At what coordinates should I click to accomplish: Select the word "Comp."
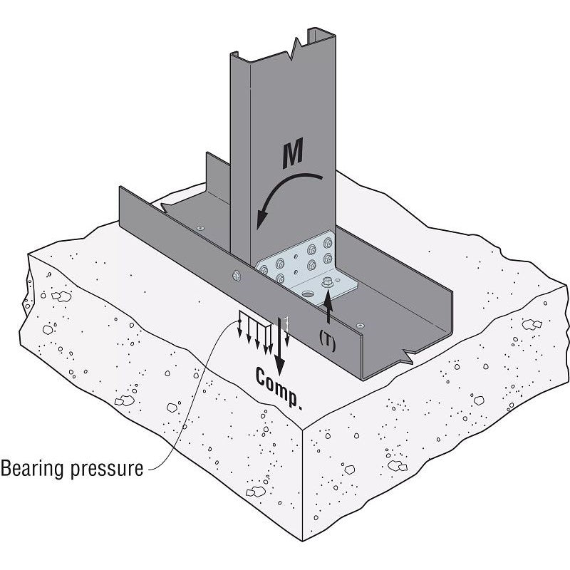(x=279, y=388)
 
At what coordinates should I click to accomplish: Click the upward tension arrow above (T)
(x=328, y=312)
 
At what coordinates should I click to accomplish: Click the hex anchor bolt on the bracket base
(x=328, y=282)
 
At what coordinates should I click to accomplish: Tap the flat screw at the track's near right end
(x=359, y=325)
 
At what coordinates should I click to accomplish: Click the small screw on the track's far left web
(x=201, y=227)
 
